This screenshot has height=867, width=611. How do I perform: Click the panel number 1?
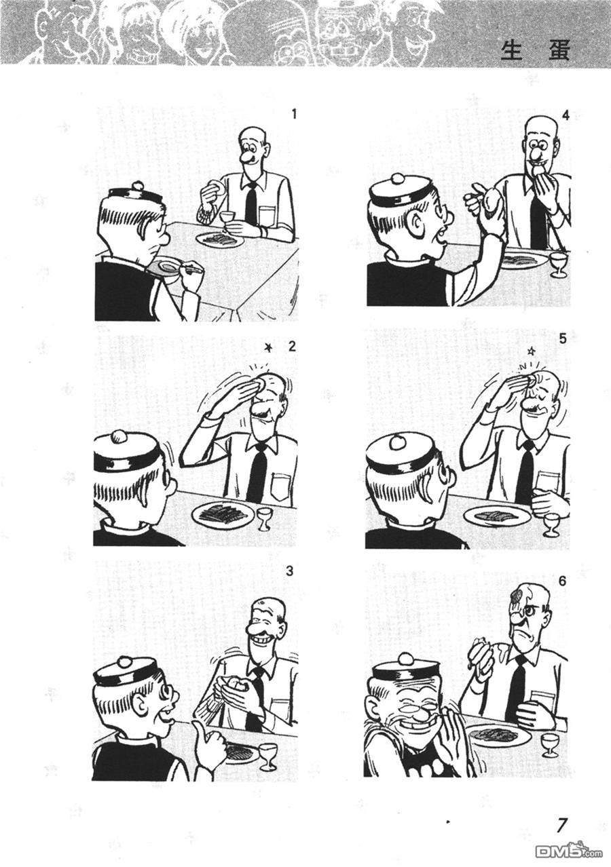(294, 115)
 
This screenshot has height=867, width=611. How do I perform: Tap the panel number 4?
(566, 116)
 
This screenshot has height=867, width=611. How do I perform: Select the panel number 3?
(290, 571)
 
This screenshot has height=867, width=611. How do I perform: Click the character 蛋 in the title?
(559, 51)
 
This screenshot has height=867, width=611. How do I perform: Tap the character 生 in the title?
(512, 51)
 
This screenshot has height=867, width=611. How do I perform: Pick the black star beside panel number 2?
(267, 348)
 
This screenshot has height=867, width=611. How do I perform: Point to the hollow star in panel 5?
(532, 351)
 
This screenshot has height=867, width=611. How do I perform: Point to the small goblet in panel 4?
(558, 265)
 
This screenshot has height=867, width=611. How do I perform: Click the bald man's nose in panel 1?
(246, 158)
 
